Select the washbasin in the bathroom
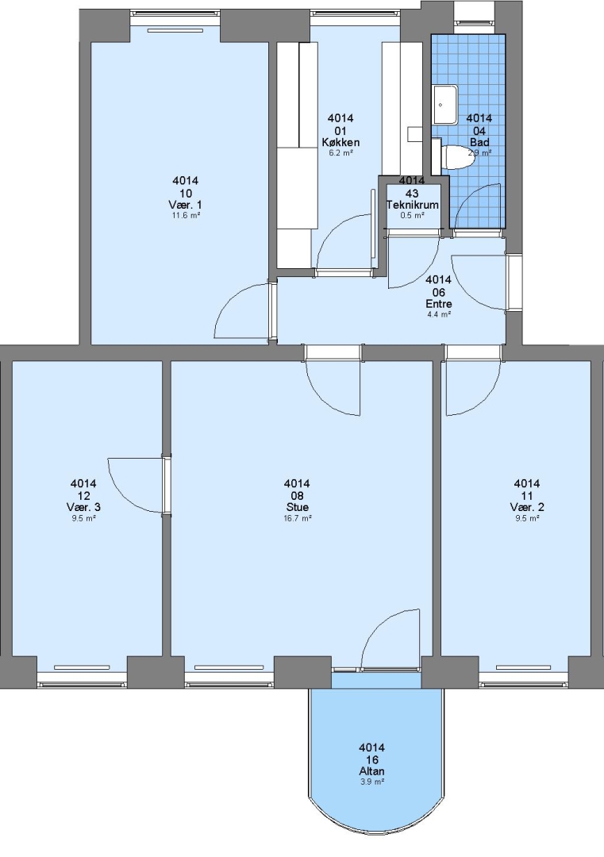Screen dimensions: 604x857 tap(445, 105)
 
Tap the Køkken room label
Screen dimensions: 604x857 tap(340, 143)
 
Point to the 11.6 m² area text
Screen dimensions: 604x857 tap(185, 215)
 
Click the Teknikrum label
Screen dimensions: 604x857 tap(413, 205)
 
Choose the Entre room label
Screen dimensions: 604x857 tap(438, 304)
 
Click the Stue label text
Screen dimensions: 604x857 tap(297, 507)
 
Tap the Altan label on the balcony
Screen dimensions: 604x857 tap(371, 771)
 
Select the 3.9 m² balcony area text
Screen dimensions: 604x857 tap(371, 782)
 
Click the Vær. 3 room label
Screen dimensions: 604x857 tap(83, 507)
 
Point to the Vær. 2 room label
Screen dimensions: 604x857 tap(527, 507)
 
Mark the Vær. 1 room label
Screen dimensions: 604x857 tap(185, 205)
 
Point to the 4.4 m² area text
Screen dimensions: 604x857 tap(438, 314)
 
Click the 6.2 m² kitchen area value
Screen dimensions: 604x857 tap(340, 153)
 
